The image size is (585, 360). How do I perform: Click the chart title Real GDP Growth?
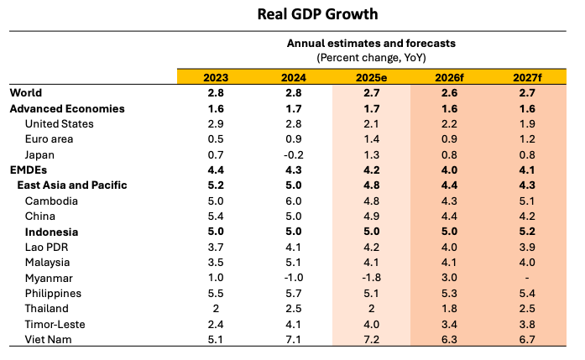pyautogui.click(x=292, y=14)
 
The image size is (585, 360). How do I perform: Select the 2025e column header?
pyautogui.click(x=371, y=77)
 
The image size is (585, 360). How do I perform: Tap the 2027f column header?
pyautogui.click(x=526, y=77)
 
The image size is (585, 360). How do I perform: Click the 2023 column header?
pyautogui.click(x=216, y=77)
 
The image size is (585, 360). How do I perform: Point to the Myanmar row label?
pyautogui.click(x=50, y=278)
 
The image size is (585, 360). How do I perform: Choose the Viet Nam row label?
pyautogui.click(x=50, y=339)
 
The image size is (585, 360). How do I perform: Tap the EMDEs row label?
pyautogui.click(x=28, y=170)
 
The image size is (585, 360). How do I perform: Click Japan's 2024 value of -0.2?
pyautogui.click(x=294, y=154)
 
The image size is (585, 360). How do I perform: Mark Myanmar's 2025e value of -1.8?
pyautogui.click(x=371, y=278)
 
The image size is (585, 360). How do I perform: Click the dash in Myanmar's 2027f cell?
pyautogui.click(x=526, y=278)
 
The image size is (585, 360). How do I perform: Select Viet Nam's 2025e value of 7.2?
pyautogui.click(x=371, y=339)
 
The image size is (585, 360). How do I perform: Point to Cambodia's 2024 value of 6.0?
pyautogui.click(x=294, y=201)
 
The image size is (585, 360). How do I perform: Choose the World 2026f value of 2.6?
pyautogui.click(x=449, y=93)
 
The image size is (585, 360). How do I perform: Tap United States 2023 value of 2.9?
pyautogui.click(x=216, y=124)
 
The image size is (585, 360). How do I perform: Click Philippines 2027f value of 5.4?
pyautogui.click(x=526, y=293)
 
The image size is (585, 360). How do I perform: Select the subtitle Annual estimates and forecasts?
pyautogui.click(x=371, y=44)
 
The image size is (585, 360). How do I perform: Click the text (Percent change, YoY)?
pyautogui.click(x=371, y=57)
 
